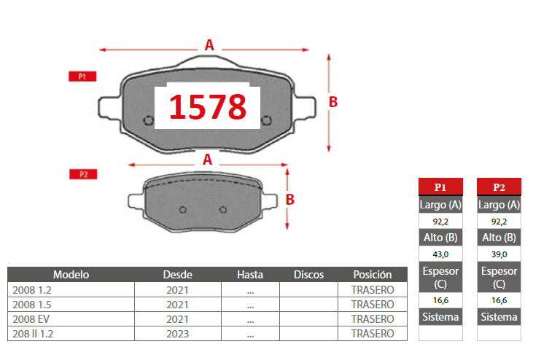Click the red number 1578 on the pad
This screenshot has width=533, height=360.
[207, 107]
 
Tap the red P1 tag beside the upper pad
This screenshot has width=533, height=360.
[82, 77]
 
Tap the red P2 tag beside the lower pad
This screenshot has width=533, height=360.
[83, 174]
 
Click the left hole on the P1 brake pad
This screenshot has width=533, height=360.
[148, 120]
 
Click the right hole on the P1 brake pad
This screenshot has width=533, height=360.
[267, 120]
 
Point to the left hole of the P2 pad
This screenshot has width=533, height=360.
[183, 210]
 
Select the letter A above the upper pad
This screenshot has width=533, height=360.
[209, 45]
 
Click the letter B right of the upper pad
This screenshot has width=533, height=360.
[333, 102]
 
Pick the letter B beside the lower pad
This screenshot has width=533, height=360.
[290, 200]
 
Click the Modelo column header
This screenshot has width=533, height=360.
[71, 275]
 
